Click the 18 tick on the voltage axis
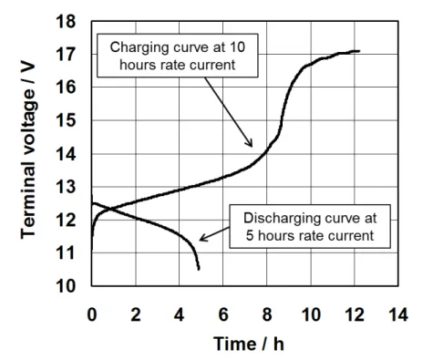click(x=66, y=22)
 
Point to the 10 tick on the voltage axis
click(x=66, y=286)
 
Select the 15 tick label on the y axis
click(x=66, y=120)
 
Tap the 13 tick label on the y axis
click(x=66, y=187)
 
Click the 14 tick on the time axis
click(x=398, y=314)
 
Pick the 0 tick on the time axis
click(x=92, y=314)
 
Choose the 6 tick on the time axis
click(x=223, y=314)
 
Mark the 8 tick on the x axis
click(x=267, y=314)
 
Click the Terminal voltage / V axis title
click(x=28, y=151)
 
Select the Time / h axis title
click(x=249, y=344)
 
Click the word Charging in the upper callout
click(x=139, y=47)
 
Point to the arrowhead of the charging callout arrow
click(x=250, y=143)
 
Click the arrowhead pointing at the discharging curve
click(x=202, y=238)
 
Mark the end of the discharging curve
click(x=199, y=269)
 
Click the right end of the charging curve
click(x=359, y=51)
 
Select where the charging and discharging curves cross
click(x=110, y=209)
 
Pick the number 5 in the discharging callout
click(x=250, y=236)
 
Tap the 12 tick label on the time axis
click(x=355, y=314)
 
